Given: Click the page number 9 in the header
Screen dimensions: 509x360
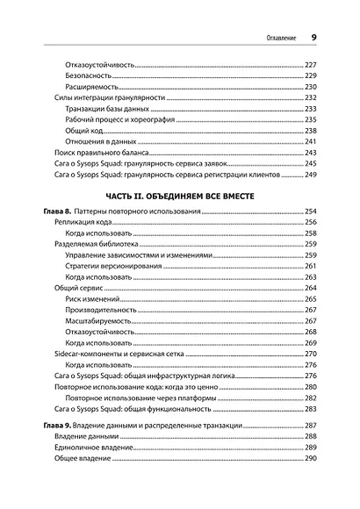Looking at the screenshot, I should click(313, 38).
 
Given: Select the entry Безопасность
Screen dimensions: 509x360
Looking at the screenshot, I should click(94, 76).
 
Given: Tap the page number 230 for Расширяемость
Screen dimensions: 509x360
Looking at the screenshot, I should click(309, 89).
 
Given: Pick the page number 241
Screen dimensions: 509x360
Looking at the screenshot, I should click(309, 141).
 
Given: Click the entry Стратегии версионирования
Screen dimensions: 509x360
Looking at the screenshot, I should click(118, 265).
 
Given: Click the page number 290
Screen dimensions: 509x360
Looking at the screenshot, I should click(309, 459).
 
